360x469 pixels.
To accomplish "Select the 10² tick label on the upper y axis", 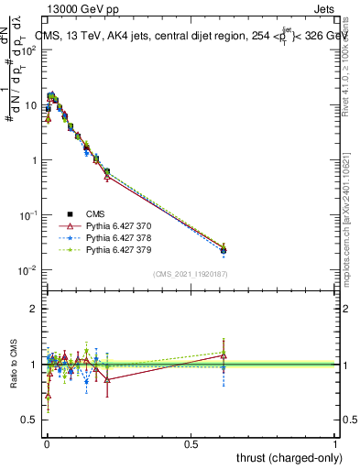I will coord(27,50).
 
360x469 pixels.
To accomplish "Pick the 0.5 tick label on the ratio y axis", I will coord(29,420).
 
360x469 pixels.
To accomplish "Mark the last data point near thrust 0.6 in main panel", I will coord(224,250).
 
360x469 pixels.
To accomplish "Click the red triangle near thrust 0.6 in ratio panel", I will coord(224,356).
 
